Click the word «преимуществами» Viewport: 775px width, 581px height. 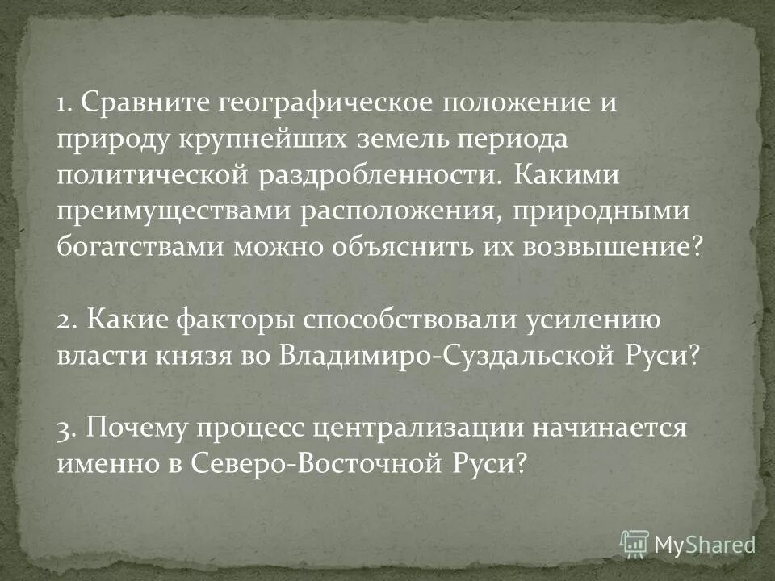[171, 211]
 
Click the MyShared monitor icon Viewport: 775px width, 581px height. [635, 543]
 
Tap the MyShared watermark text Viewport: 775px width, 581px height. [705, 545]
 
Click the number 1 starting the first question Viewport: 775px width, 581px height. [62, 104]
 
